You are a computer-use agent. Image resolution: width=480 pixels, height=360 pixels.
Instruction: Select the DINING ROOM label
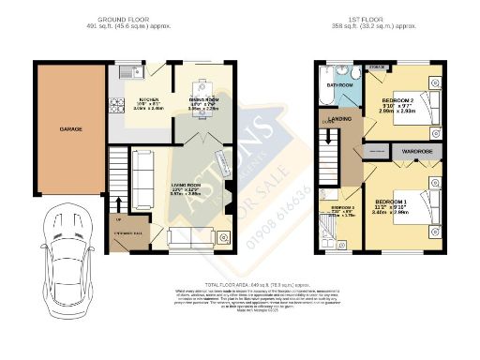point(203,98)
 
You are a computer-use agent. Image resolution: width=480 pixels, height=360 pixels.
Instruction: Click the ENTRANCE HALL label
point(127,230)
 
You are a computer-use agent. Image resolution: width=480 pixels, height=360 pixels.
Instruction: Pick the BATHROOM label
point(340,84)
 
